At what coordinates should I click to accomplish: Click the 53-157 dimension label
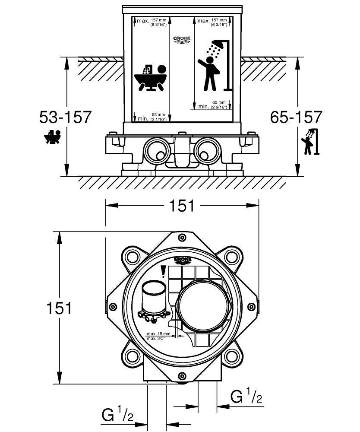click(65, 117)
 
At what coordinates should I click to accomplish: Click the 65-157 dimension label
click(296, 117)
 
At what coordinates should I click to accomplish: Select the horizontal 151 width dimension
click(182, 206)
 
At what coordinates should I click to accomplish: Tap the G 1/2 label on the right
click(246, 396)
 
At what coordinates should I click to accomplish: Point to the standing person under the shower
click(210, 73)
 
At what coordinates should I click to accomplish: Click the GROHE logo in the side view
click(182, 40)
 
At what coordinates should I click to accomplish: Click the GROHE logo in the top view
click(182, 260)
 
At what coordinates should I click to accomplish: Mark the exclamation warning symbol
click(163, 271)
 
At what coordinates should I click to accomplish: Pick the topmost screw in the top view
click(182, 237)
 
